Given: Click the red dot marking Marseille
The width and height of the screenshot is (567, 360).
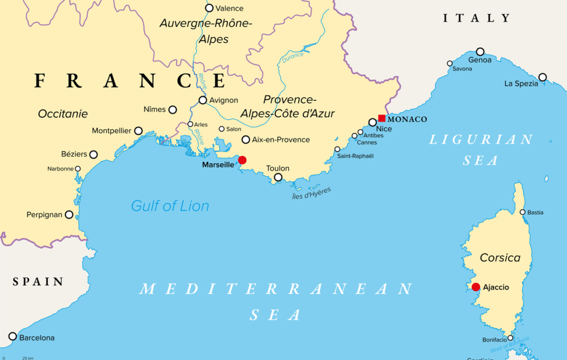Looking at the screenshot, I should tap(242, 160).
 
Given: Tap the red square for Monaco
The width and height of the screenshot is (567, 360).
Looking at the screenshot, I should tap(382, 118).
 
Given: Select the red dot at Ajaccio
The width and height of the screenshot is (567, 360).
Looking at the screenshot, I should tap(476, 287).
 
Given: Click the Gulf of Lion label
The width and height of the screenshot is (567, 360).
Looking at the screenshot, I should tap(170, 206).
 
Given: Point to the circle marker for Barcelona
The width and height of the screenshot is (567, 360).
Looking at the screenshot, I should tap(13, 336).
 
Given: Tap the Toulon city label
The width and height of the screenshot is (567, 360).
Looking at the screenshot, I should tap(278, 168).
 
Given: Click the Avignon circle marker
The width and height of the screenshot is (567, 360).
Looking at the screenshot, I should tap(203, 100).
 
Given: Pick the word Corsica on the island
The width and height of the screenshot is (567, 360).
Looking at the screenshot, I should tap(500, 257).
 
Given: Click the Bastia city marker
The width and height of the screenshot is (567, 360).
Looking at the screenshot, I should tap(522, 212).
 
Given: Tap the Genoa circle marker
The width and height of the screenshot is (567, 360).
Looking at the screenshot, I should tap(480, 52).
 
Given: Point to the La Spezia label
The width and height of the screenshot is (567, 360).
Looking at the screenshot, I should tap(521, 83).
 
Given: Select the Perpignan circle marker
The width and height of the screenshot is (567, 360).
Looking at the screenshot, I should tap(69, 214).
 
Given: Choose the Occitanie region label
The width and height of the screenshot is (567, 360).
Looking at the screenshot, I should tap(63, 114).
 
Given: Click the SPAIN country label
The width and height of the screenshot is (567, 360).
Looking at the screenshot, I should tap(38, 282).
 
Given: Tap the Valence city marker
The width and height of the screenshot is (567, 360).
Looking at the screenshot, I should tap(209, 8).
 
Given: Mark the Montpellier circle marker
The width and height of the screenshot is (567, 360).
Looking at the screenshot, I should tap(138, 131).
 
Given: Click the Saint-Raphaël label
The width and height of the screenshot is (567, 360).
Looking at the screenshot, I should tap(355, 156).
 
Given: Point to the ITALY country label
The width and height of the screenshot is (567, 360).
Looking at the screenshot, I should tap(476, 18).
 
